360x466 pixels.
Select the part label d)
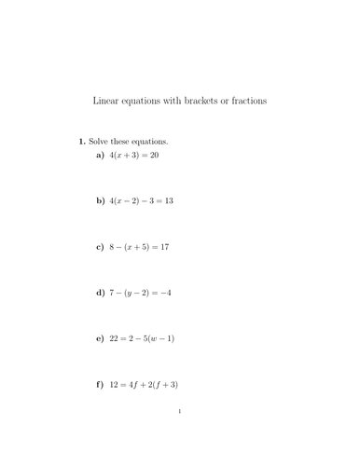(x=101, y=293)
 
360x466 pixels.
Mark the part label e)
(x=101, y=338)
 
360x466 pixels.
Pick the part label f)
(x=101, y=384)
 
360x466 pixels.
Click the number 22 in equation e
(x=115, y=338)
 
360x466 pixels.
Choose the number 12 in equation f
(x=115, y=384)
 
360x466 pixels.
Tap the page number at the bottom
(x=179, y=435)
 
